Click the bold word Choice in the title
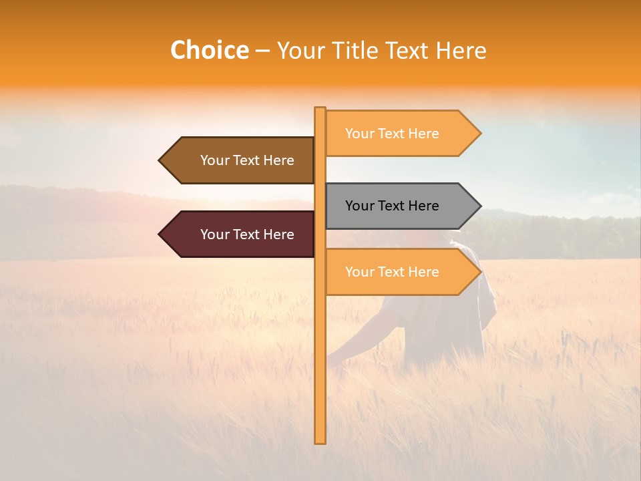209,51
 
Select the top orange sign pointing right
401,134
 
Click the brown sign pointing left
240,160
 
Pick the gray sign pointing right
401,206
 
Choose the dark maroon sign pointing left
240,234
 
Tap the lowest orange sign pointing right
401,272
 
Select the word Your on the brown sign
215,160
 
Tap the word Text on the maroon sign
246,234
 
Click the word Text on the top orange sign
391,134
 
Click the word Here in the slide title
461,51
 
